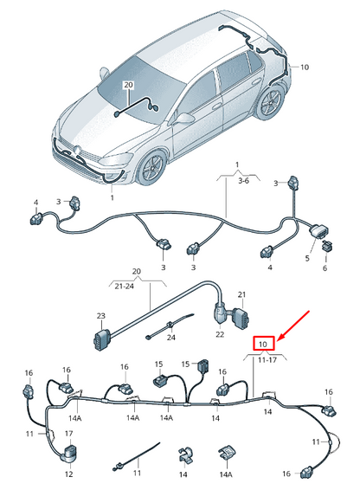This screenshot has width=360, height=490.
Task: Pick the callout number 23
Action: click(x=100, y=317)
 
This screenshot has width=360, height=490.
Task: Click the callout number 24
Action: click(x=171, y=336)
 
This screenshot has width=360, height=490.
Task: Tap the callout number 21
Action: click(x=242, y=295)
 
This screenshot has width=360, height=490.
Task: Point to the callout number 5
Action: click(x=308, y=257)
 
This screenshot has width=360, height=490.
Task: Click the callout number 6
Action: click(x=325, y=268)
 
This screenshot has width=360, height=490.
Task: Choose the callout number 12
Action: click(x=68, y=474)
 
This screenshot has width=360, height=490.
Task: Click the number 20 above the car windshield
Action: click(x=129, y=85)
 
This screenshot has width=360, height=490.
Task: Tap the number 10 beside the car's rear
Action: click(x=304, y=67)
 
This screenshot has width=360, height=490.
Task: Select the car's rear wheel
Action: click(x=267, y=105)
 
